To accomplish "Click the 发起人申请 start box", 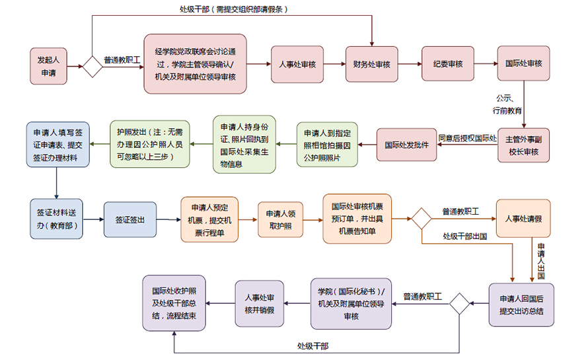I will point(49,65).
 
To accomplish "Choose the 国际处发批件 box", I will point(406,145).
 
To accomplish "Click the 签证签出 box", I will point(130,219).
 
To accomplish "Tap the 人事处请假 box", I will point(523,218).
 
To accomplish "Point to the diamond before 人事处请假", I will point(422,219).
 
